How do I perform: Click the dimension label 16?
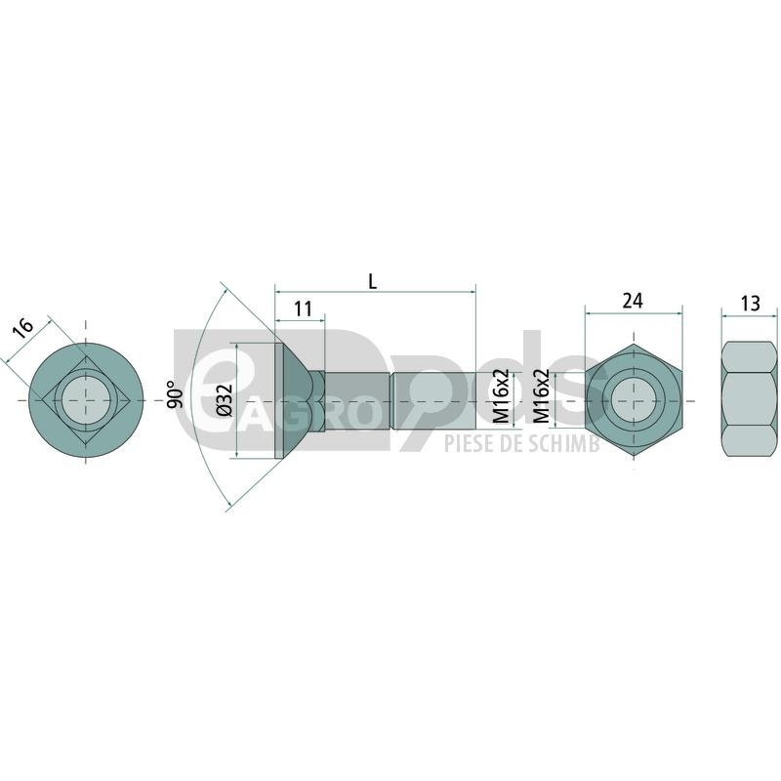coord(22,328)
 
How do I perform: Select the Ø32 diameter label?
coord(225,400)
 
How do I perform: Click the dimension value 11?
coord(303,308)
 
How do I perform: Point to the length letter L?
coord(373,282)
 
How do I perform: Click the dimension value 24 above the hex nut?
coord(633,301)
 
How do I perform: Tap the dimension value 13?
coord(750,303)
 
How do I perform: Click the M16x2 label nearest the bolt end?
coord(501,396)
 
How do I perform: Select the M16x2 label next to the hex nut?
coord(542,396)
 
